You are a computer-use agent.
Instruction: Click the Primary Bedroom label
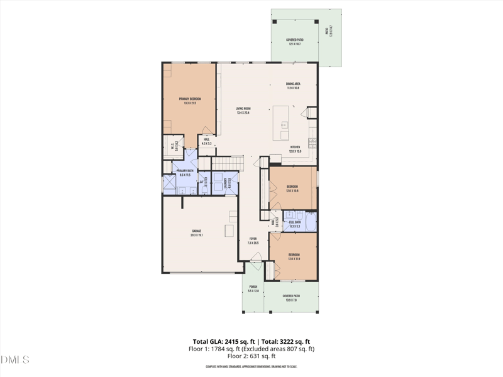[x=190, y=99]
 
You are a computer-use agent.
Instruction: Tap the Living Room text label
[x=243, y=109]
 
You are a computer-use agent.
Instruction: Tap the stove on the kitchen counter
[x=311, y=139]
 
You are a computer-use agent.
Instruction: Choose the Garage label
[x=197, y=231]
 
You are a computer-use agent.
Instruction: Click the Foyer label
[x=253, y=239]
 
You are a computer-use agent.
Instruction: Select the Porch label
[x=253, y=287]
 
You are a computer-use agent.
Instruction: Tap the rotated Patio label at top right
[x=327, y=31]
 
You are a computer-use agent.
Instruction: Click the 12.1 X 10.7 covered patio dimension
[x=294, y=44]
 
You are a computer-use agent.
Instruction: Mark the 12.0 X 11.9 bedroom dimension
[x=294, y=258]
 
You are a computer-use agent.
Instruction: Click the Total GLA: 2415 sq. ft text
[x=224, y=342]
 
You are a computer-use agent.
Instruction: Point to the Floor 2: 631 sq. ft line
[x=251, y=356]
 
